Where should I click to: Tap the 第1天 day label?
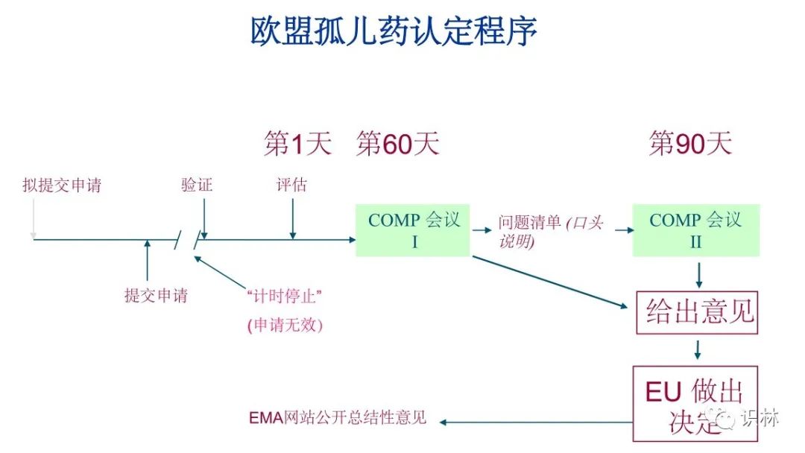297,143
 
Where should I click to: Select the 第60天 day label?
397,143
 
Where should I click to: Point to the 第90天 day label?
690,143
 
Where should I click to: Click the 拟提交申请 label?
62,186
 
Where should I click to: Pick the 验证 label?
197,185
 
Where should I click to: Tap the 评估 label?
291,185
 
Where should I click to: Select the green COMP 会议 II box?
695,230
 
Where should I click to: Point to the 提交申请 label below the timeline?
156,296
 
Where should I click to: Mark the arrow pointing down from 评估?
292,220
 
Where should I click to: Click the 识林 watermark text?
760,417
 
